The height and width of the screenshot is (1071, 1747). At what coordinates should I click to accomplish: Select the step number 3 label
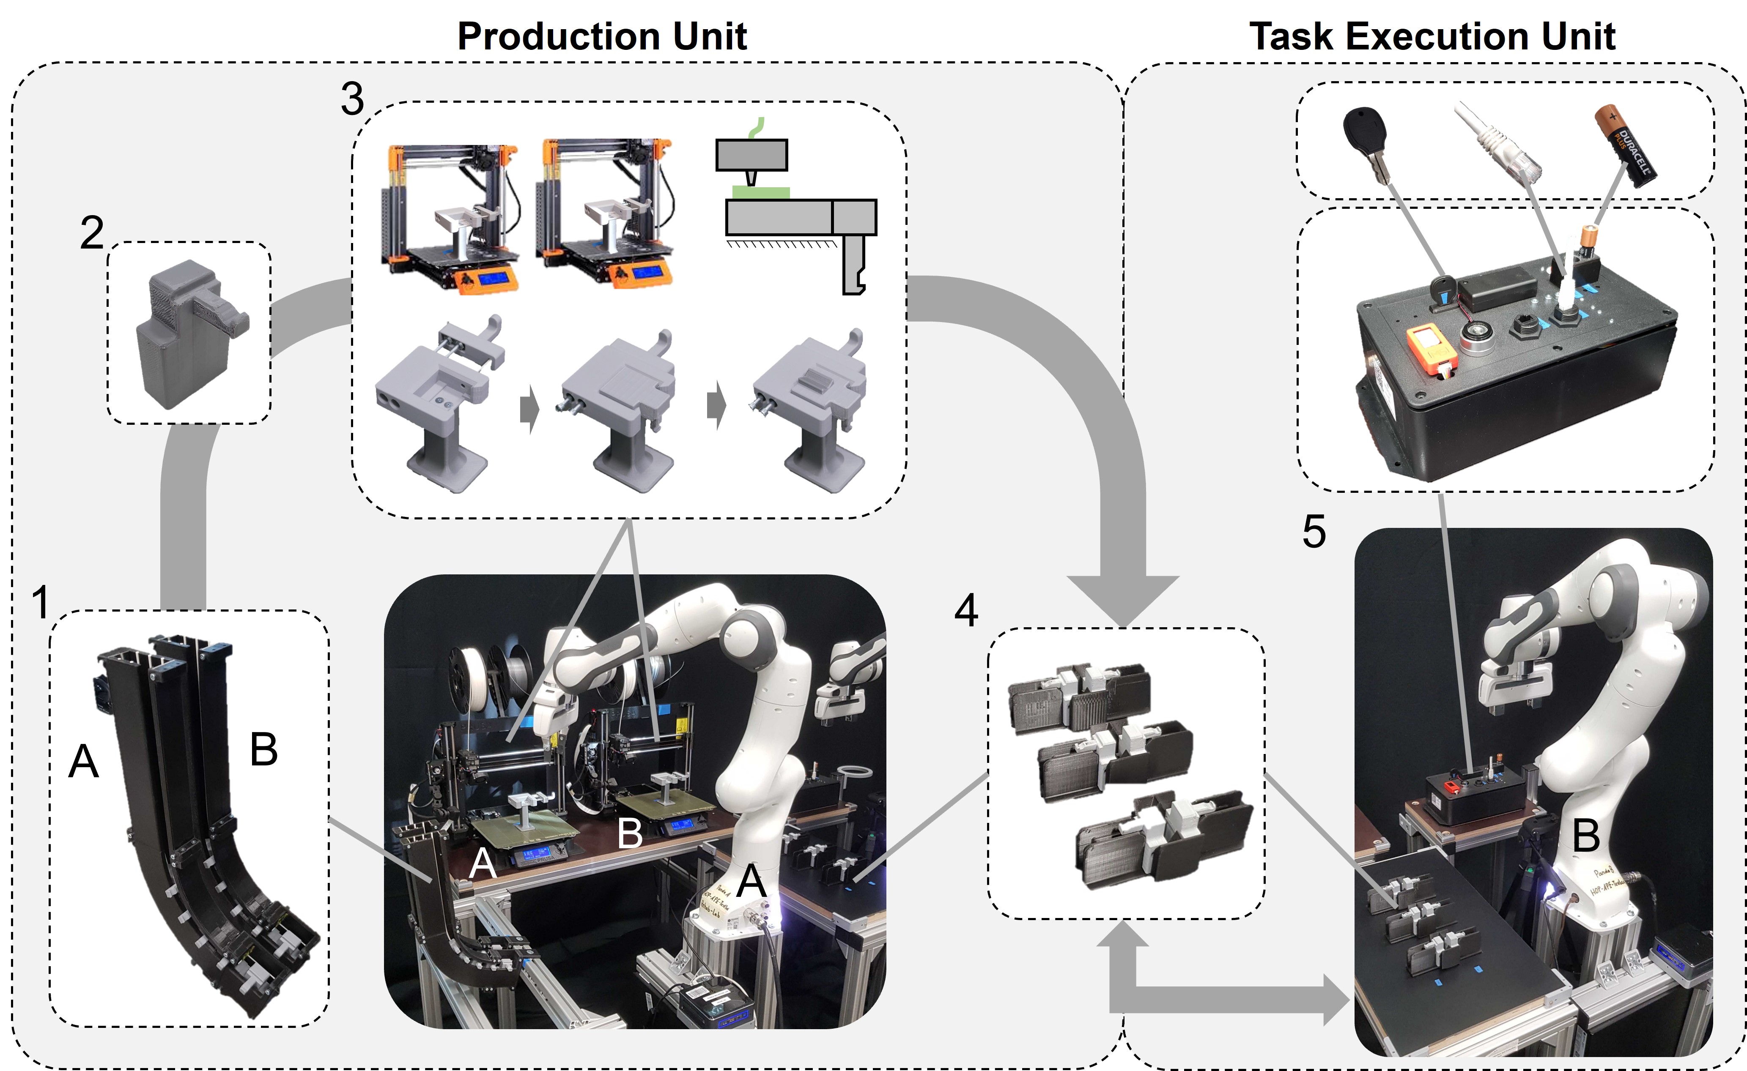pyautogui.click(x=352, y=99)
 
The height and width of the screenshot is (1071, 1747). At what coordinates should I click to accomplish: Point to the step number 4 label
pyautogui.click(x=965, y=609)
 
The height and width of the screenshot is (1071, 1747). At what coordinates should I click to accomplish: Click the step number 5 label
pyautogui.click(x=1314, y=532)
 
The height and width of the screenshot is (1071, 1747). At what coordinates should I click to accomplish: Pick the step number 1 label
pyautogui.click(x=41, y=602)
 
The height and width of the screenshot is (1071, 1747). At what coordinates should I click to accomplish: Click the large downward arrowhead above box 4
pyautogui.click(x=1122, y=599)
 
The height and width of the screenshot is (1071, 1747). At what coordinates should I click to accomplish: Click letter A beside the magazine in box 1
pyautogui.click(x=83, y=762)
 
